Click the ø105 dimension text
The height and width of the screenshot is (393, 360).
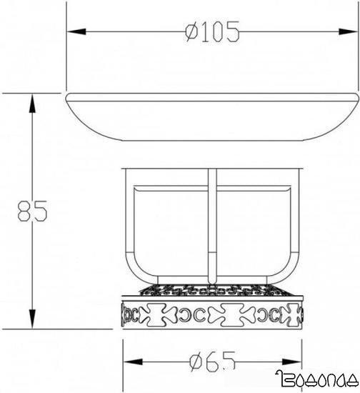(x=211, y=32)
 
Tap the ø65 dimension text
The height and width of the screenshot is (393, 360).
(x=213, y=362)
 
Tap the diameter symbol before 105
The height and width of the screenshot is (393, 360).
(x=190, y=32)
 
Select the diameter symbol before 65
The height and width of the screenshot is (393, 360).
(x=194, y=362)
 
